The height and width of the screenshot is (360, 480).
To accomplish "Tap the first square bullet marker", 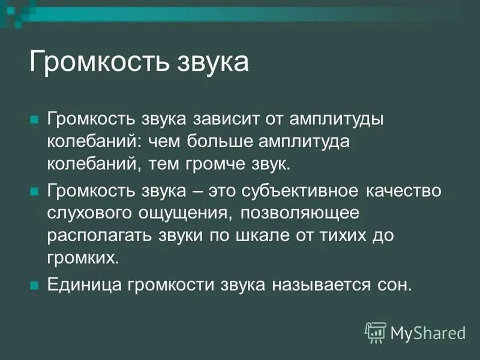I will point(34,118).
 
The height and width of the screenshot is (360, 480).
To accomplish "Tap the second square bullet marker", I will point(34,191).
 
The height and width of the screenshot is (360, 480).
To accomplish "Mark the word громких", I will point(83,257).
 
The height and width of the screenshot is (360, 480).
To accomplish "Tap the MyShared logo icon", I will point(376,332).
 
